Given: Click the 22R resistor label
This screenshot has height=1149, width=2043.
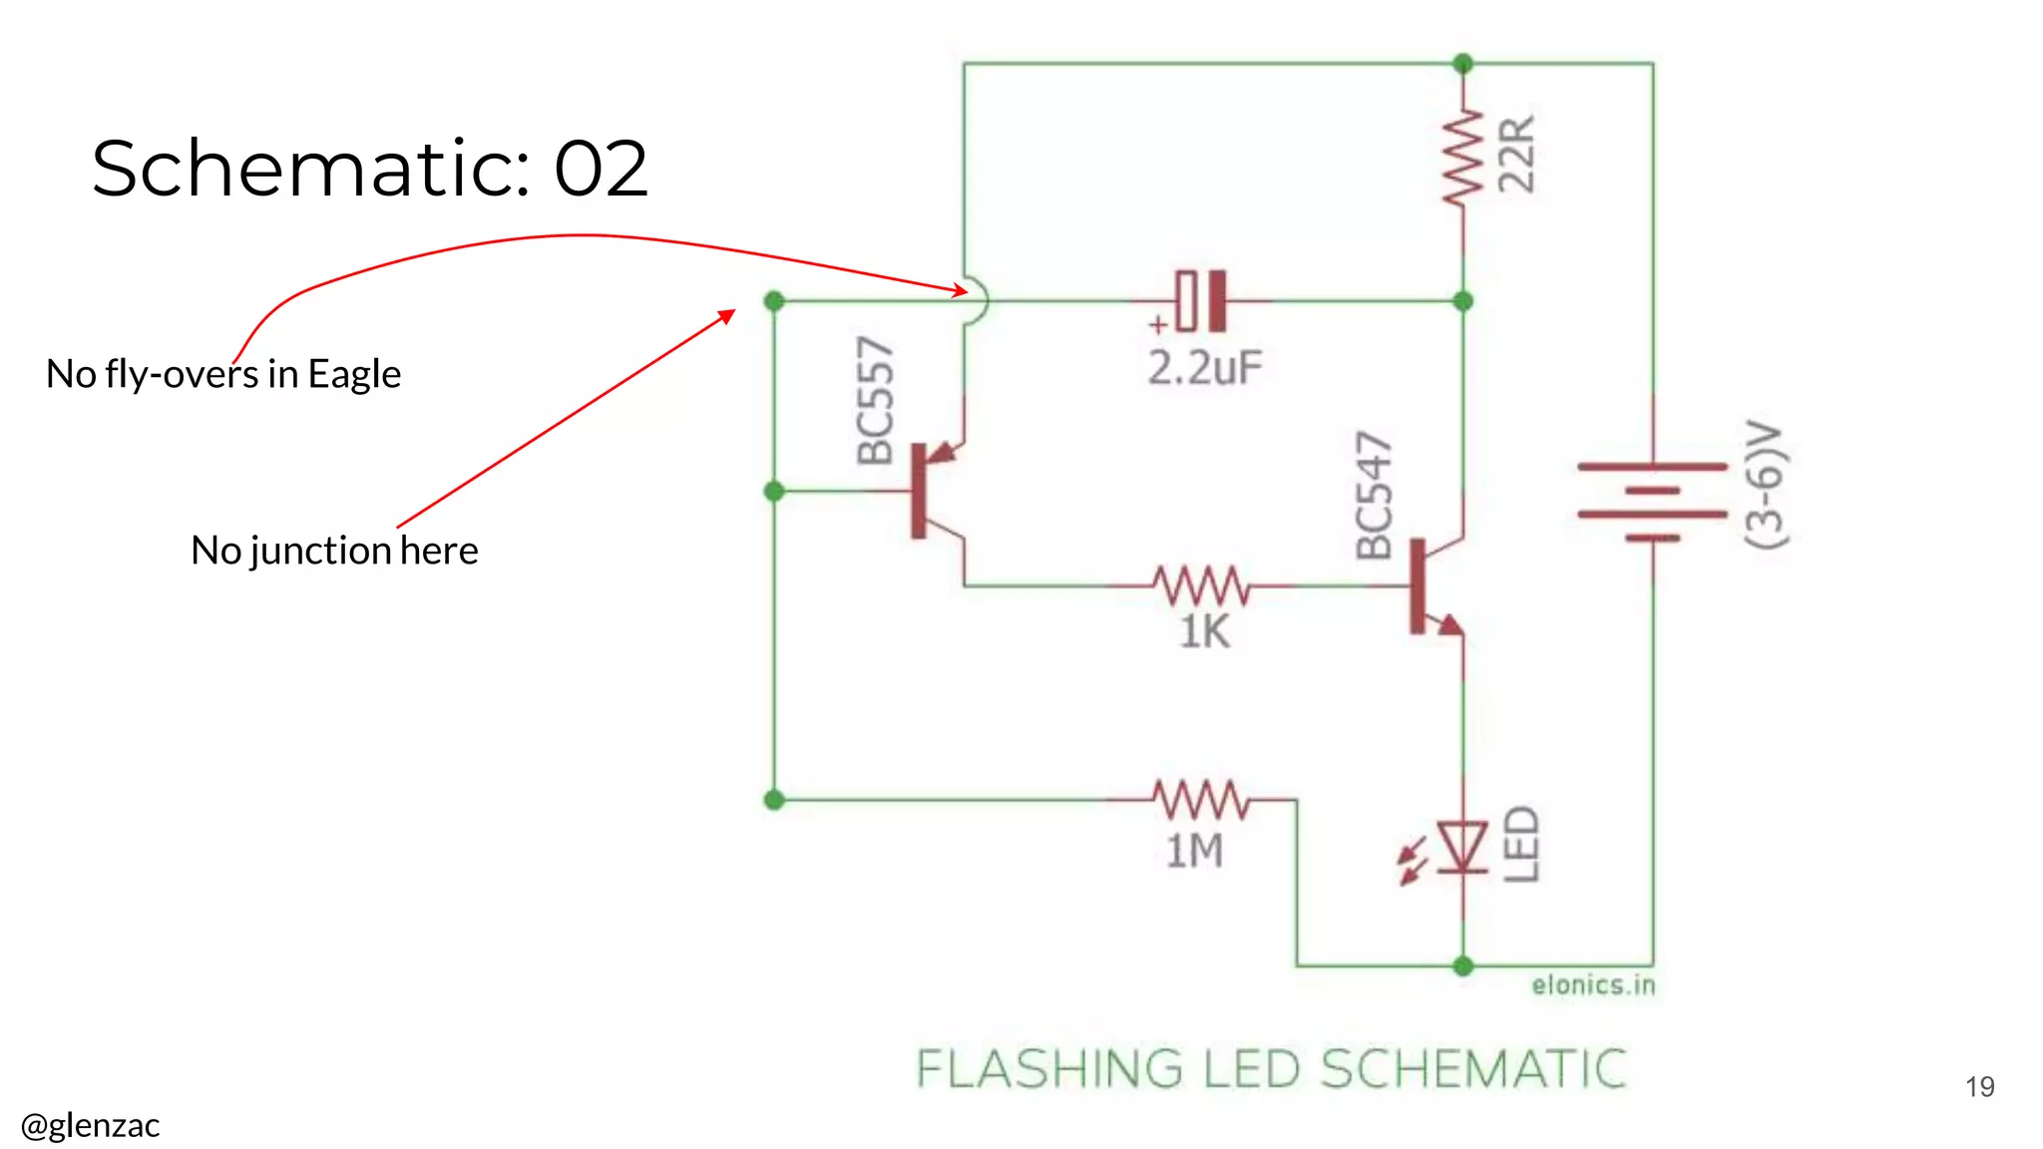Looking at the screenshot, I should [1517, 155].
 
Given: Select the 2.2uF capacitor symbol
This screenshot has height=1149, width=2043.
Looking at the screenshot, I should [1201, 300].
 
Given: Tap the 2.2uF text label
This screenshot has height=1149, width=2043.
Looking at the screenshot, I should [1205, 368].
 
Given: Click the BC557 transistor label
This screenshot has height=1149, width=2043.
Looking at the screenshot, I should [876, 401].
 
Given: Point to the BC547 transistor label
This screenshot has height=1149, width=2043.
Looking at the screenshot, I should [1374, 496].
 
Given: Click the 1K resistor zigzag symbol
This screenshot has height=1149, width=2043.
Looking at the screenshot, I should [1202, 585].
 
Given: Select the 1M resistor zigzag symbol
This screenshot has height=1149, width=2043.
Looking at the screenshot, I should [1202, 799].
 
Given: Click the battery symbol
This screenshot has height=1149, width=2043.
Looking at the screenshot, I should [1652, 502].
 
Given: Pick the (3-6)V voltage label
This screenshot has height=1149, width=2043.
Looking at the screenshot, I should [1767, 485].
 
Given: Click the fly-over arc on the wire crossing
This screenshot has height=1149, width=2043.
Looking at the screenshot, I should [978, 300].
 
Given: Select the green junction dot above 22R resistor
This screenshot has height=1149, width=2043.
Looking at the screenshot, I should [1463, 64].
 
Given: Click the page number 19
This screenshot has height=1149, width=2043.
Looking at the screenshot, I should [1979, 1086].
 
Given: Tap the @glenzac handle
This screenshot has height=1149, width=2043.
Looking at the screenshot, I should [90, 1125].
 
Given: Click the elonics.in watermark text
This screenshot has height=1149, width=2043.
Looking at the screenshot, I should [1593, 985].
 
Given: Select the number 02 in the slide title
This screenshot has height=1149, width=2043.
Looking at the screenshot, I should [601, 168].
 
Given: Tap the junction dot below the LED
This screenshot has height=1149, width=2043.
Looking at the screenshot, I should [1463, 965].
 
